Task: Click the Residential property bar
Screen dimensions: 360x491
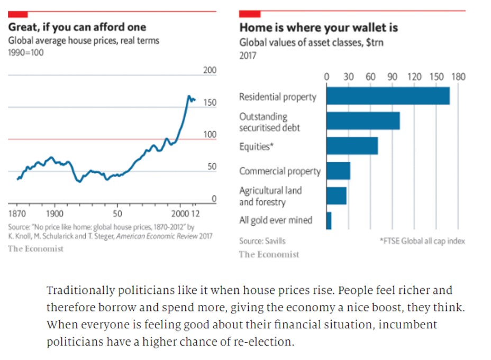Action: pyautogui.click(x=388, y=96)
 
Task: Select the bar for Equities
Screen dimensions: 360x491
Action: pyautogui.click(x=352, y=146)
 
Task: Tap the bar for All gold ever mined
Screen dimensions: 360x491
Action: pyautogui.click(x=329, y=220)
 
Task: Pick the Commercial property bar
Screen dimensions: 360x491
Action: pyautogui.click(x=338, y=171)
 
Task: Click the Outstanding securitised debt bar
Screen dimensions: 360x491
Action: pyautogui.click(x=363, y=121)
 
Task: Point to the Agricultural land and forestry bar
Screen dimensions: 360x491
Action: pyautogui.click(x=337, y=196)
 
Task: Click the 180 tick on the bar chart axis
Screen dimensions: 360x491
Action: pyautogui.click(x=458, y=77)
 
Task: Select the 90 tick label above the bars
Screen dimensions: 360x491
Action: pyautogui.click(x=392, y=77)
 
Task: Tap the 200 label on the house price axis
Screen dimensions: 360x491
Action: pyautogui.click(x=210, y=70)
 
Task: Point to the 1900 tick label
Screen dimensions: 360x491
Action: pyautogui.click(x=54, y=214)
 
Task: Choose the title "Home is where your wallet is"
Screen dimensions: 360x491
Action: pyautogui.click(x=319, y=27)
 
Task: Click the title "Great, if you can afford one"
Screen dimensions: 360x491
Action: pyautogui.click(x=77, y=27)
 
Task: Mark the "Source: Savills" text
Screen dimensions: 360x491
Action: pyautogui.click(x=262, y=241)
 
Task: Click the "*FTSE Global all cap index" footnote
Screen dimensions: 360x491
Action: pyautogui.click(x=422, y=241)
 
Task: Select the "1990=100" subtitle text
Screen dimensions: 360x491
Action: pyautogui.click(x=25, y=53)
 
